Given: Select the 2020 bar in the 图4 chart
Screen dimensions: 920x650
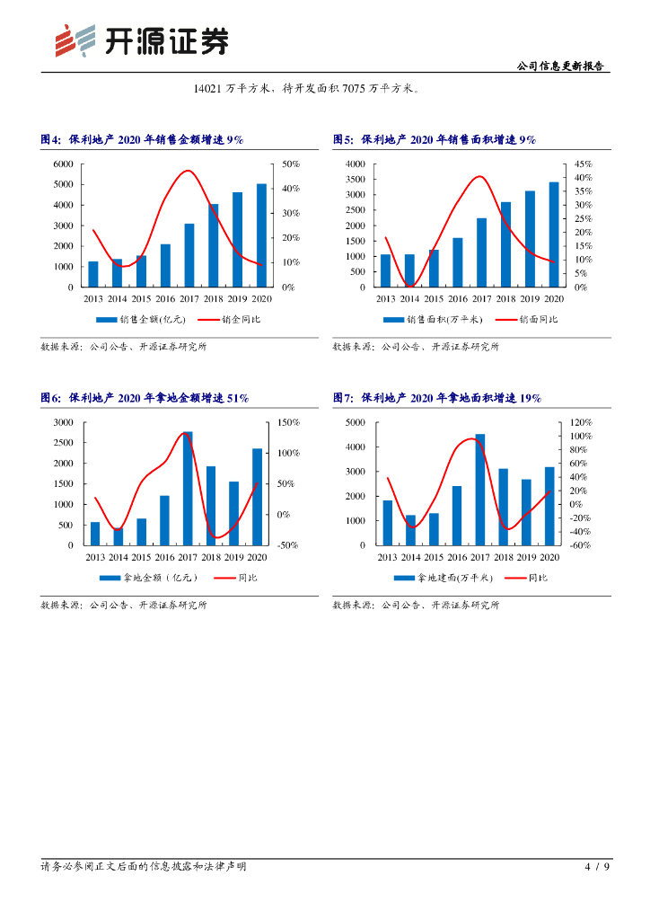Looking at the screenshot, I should pyautogui.click(x=261, y=235).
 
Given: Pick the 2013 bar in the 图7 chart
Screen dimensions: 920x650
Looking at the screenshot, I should pyautogui.click(x=387, y=523).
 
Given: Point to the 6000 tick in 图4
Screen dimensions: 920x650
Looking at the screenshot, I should pyautogui.click(x=63, y=164).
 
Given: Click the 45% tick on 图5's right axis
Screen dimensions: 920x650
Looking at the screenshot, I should pyautogui.click(x=584, y=164).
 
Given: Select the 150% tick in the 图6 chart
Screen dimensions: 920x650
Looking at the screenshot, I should pyautogui.click(x=288, y=422).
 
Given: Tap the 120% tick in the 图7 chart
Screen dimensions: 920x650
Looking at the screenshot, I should pyautogui.click(x=581, y=422).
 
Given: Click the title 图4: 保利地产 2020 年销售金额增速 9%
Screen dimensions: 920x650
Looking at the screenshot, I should pyautogui.click(x=143, y=139).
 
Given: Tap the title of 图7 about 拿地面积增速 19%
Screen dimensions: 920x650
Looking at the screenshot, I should pyautogui.click(x=437, y=398).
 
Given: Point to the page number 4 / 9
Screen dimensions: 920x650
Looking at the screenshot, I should pyautogui.click(x=597, y=867).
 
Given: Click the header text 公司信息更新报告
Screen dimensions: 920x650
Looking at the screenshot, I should pyautogui.click(x=561, y=66).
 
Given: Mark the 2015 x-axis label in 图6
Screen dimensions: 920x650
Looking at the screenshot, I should pyautogui.click(x=141, y=557).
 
